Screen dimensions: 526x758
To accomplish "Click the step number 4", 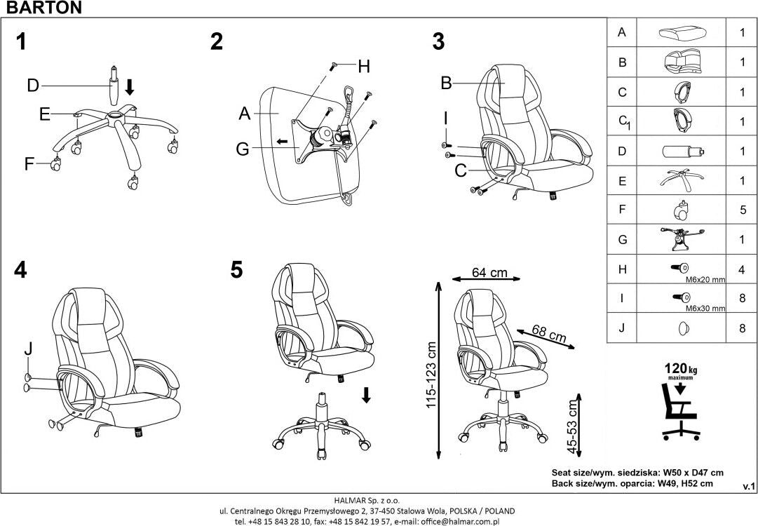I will coord(20,271).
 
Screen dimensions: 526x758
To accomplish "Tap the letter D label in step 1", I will coord(32,86).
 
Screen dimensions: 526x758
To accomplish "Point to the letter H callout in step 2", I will coord(363,67).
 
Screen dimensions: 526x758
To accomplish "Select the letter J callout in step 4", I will coord(27,348).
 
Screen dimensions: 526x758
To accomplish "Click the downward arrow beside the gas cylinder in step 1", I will coord(130,88).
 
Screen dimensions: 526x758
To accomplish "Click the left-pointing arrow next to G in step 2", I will coord(280,142).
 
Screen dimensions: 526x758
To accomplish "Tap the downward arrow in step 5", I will coord(366,394).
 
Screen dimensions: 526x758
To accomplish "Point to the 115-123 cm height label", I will coord(431,375).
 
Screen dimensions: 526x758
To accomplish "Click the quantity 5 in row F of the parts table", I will coord(742,210).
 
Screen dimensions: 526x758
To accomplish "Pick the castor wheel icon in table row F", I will coord(682,210).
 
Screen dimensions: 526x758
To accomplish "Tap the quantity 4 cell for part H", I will coord(742,269).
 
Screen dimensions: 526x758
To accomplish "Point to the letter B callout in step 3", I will coord(445,83).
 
